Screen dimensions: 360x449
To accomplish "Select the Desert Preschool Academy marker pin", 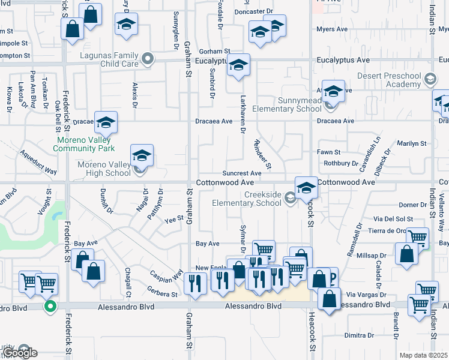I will (430, 79).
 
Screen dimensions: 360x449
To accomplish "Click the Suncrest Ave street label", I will (242, 173).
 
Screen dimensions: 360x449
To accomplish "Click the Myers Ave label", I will (332, 29).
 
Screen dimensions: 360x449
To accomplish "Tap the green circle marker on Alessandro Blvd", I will (52, 306).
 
